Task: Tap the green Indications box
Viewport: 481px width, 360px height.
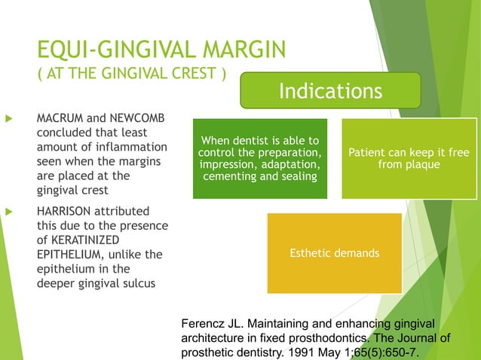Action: tap(330, 91)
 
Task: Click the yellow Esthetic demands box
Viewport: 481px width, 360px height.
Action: tap(334, 253)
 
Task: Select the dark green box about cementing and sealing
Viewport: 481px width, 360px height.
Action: tap(259, 158)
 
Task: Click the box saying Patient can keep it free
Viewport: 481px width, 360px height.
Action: tap(409, 158)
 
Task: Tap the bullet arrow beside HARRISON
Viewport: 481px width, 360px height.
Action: tap(10, 212)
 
